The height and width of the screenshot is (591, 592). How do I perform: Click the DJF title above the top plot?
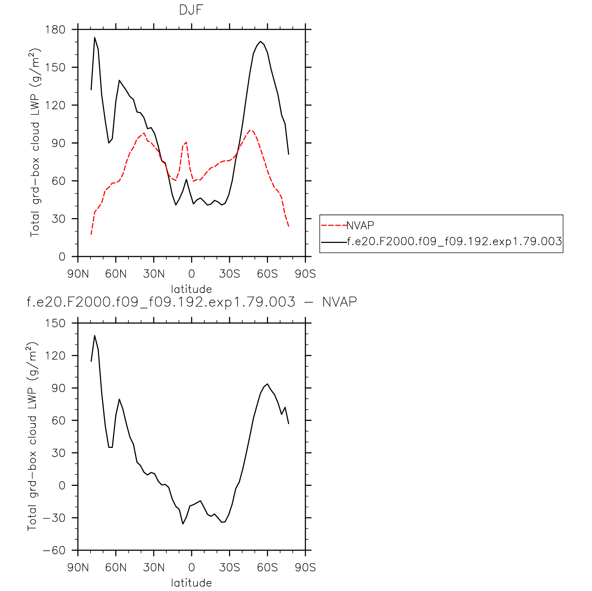[x=191, y=10]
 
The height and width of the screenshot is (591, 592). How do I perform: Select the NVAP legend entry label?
[x=360, y=225]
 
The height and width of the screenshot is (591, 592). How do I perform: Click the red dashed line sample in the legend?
[x=334, y=225]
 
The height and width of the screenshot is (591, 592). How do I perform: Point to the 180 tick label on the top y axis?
[x=55, y=29]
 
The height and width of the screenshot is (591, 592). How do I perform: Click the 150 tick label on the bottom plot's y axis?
[x=55, y=323]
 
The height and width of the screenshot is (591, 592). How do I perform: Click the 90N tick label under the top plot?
[x=78, y=274]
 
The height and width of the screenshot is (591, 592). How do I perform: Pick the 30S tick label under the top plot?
[x=229, y=274]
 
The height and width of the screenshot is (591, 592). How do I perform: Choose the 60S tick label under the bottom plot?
[x=267, y=568]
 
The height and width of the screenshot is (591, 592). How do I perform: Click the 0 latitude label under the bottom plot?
[x=191, y=568]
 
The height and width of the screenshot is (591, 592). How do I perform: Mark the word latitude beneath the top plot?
[x=191, y=289]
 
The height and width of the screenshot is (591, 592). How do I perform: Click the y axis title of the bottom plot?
[x=33, y=436]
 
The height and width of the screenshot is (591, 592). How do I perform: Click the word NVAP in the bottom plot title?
[x=339, y=302]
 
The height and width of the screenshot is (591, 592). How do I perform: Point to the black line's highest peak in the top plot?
[x=95, y=37]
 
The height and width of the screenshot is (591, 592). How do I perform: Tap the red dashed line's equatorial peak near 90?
[x=186, y=142]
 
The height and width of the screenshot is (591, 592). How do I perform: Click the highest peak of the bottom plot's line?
[x=95, y=336]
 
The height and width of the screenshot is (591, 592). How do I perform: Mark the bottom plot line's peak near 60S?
[x=267, y=384]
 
